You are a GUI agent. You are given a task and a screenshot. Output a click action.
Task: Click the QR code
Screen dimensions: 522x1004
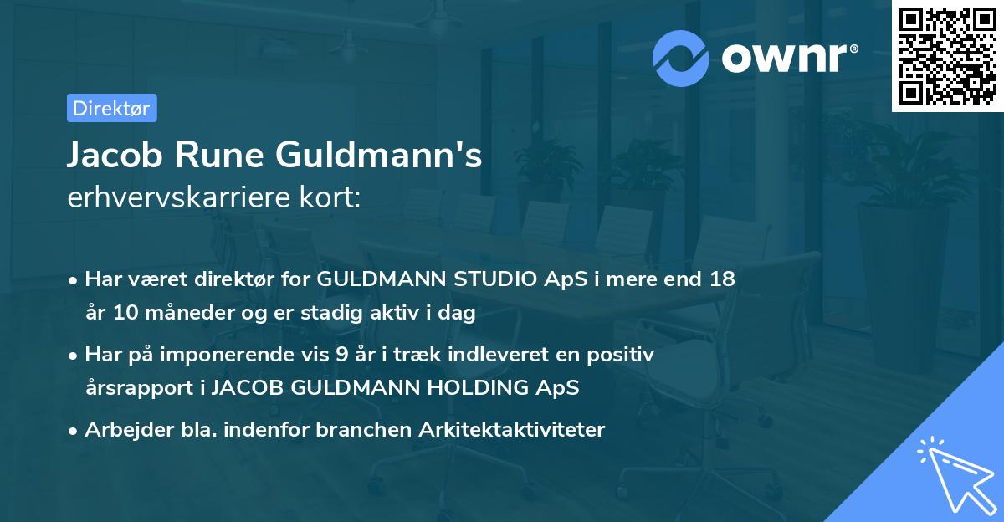(948, 56)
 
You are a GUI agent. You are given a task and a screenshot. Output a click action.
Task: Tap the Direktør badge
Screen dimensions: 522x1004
(111, 108)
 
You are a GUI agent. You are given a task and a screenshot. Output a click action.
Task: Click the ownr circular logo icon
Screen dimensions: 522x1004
(681, 57)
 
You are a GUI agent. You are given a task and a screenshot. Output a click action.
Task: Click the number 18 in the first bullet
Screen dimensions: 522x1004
(723, 279)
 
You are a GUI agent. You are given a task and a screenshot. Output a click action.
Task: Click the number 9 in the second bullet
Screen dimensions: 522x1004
(341, 355)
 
